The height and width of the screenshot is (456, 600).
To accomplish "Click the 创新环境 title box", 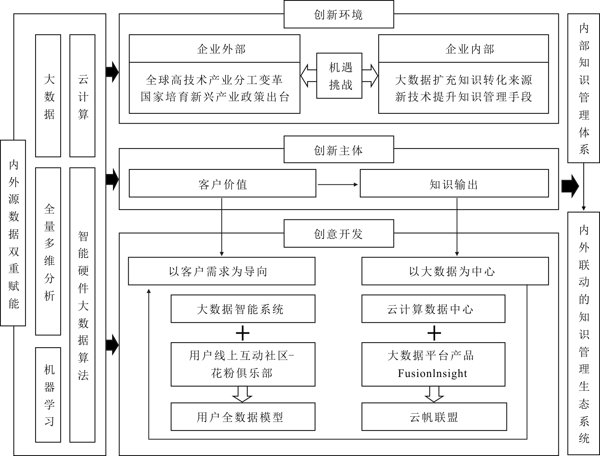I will [339, 15].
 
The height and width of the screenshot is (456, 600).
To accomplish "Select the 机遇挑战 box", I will [339, 76].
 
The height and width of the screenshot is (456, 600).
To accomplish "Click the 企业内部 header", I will [463, 49].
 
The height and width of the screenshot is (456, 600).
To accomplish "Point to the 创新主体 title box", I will [339, 150].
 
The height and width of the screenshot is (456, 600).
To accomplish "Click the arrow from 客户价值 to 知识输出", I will [338, 185].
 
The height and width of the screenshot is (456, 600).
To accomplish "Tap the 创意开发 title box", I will [339, 234].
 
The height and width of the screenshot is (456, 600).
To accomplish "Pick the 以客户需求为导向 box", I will [222, 271].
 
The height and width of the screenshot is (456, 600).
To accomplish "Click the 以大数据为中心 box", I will [455, 271].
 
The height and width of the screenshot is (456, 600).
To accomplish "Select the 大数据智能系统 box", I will [243, 309].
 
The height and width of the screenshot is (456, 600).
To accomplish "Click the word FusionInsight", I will [432, 373].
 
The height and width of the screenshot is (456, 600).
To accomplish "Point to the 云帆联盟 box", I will [434, 417].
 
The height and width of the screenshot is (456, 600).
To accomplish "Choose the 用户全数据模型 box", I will [243, 417].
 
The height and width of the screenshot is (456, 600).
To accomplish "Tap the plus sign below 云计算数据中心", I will [434, 334].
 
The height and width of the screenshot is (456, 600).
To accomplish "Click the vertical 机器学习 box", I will [48, 395].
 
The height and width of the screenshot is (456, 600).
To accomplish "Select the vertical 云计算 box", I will [82, 96].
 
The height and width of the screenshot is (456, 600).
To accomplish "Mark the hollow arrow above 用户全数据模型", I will [242, 394].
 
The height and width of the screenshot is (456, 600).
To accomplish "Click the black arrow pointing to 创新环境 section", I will [112, 72].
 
